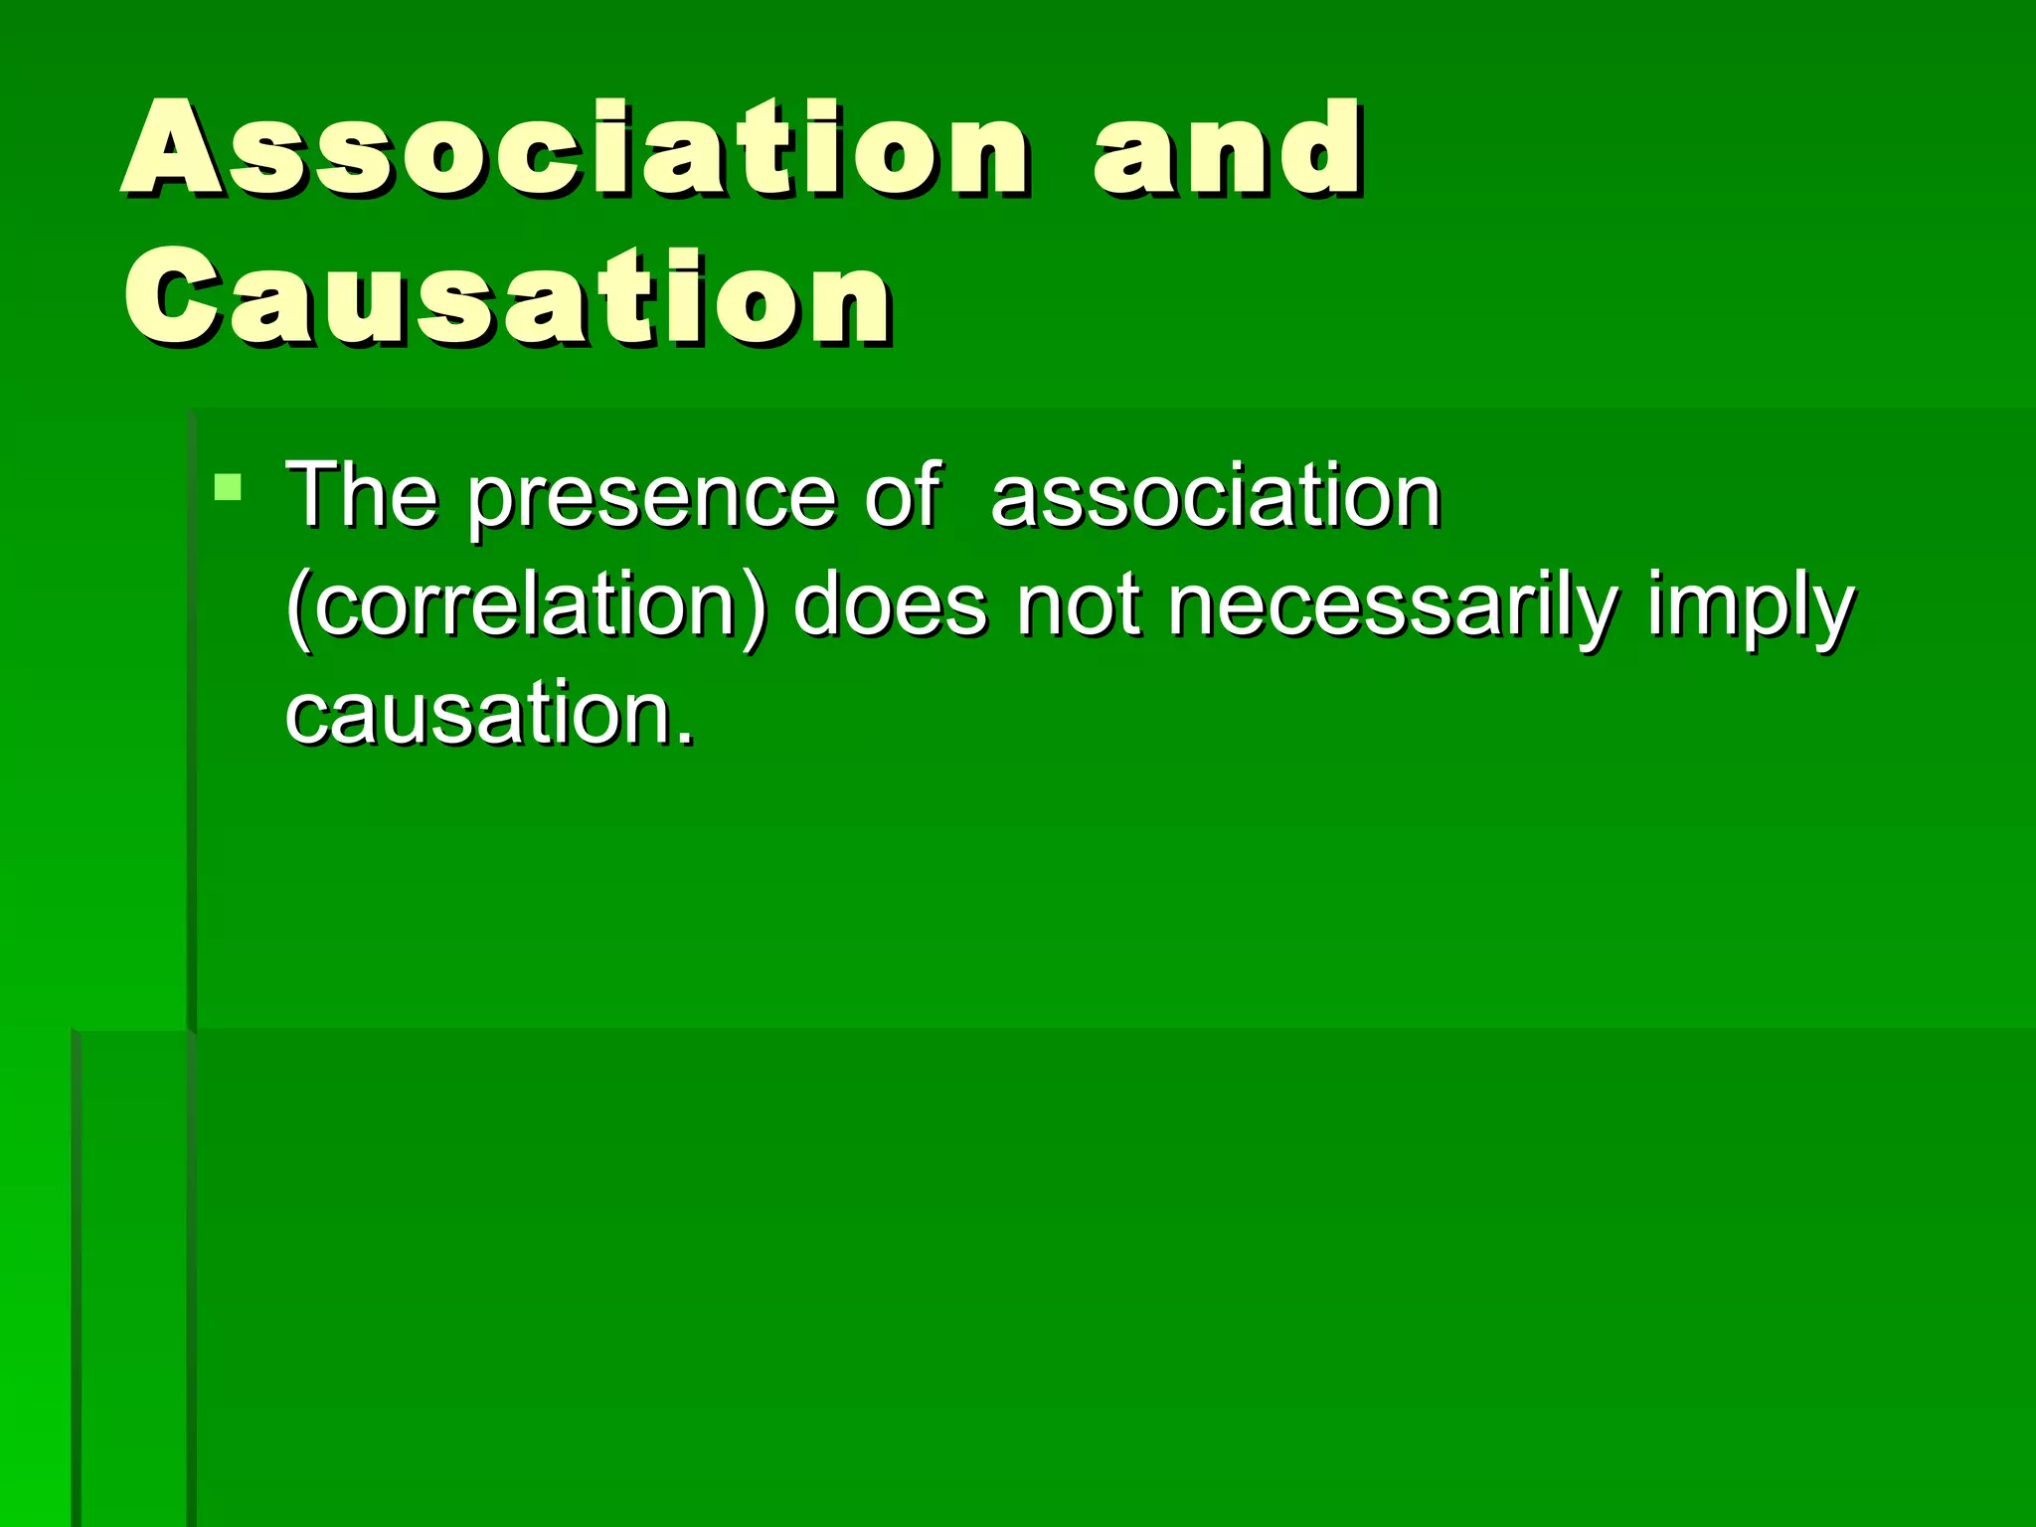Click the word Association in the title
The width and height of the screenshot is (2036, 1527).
575,149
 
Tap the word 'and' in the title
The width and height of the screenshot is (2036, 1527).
1228,149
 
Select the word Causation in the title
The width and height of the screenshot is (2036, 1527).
507,298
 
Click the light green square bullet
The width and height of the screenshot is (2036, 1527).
228,487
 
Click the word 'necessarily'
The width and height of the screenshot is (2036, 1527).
1393,606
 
